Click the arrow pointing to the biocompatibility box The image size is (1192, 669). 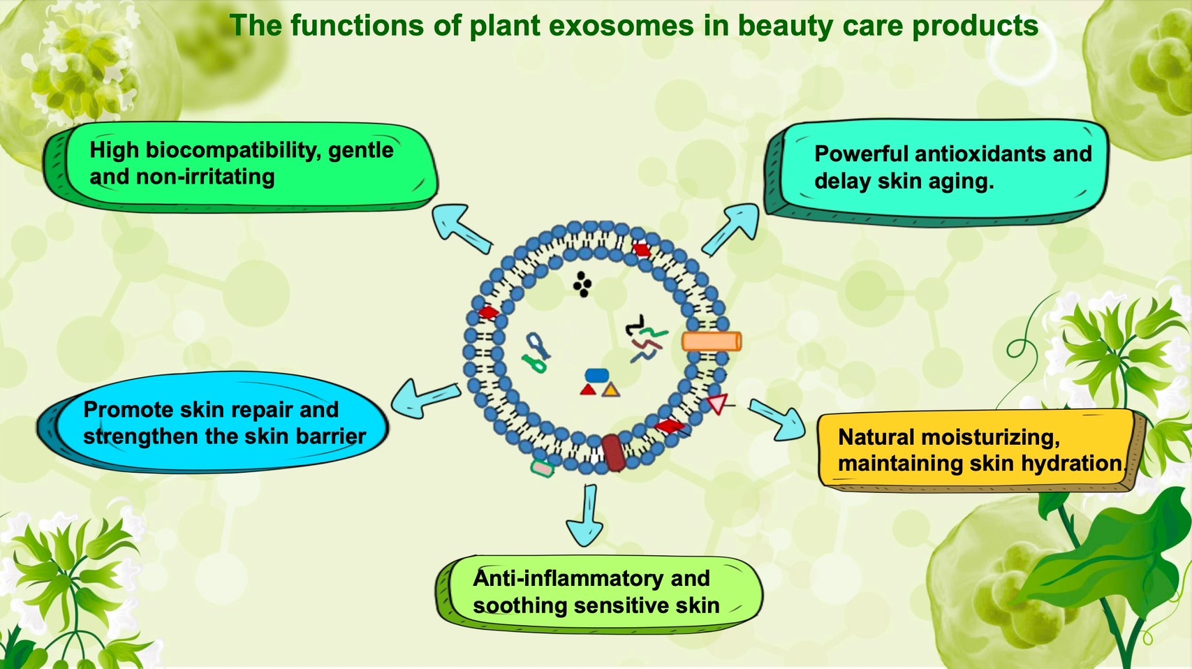(x=459, y=226)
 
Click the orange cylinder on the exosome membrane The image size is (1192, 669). (x=711, y=341)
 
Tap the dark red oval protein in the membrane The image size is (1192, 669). (x=613, y=453)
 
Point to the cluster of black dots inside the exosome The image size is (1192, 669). (x=582, y=284)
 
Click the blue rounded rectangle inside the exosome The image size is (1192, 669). (x=596, y=376)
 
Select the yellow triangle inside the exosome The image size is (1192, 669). (x=610, y=390)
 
